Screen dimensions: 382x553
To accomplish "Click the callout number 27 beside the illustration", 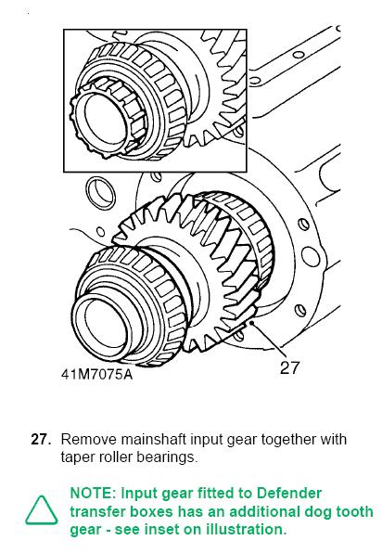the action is tap(289, 367).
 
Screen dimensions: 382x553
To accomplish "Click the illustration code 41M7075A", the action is tap(97, 374).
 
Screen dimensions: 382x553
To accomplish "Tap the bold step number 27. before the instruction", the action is tap(41, 440).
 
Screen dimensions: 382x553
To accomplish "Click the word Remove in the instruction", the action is tap(89, 440).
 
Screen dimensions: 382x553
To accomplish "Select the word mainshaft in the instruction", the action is tap(154, 440).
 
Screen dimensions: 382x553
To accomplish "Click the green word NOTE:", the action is tap(93, 493).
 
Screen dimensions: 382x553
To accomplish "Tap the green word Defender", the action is tap(289, 493).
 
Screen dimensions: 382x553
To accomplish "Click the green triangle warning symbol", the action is tap(41, 510).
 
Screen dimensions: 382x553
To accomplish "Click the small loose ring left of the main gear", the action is tap(101, 193).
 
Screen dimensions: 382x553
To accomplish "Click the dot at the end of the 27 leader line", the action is tap(251, 322).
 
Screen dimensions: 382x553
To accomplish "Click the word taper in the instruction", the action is tap(77, 457).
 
